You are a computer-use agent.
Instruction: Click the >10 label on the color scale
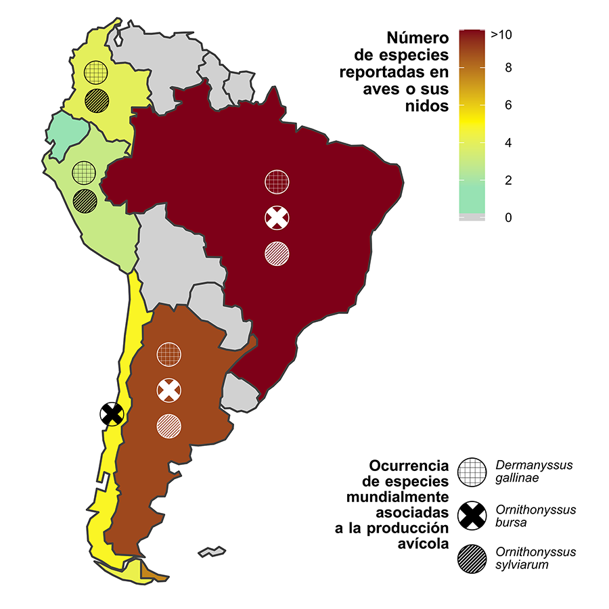coord(501,35)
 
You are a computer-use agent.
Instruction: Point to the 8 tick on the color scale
coord(507,68)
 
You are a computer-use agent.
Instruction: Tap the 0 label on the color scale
coord(507,218)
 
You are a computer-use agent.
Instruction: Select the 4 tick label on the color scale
coord(507,143)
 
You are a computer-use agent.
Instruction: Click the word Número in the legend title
coord(415,38)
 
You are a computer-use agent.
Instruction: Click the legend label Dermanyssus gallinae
coord(533,472)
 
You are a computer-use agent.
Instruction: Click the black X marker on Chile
coord(111,413)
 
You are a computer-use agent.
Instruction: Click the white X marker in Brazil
coord(277,217)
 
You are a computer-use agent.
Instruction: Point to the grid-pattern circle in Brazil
coord(277,181)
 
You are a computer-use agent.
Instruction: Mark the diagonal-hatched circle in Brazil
coord(277,253)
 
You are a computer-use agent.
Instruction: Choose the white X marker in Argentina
coord(169,389)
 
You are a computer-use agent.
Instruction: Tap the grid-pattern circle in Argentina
coord(169,353)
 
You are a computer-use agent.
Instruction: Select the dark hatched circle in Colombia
coord(97,101)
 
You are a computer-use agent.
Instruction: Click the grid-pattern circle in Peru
coord(85,171)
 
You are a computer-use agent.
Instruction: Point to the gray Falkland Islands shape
coord(212,551)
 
